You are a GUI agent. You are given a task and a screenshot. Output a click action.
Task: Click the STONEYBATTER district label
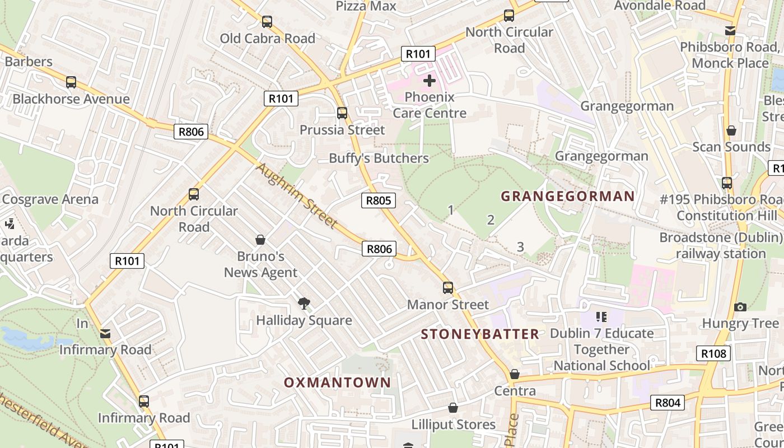point(480,334)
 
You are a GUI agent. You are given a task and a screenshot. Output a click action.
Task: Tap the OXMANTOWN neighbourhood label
point(337,382)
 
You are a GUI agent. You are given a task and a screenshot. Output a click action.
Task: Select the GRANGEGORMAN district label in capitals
point(567,196)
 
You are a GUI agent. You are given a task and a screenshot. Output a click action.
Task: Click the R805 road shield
point(379,200)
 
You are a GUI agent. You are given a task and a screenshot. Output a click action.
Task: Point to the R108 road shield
point(713,353)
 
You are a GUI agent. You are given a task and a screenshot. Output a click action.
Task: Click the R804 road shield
point(668,403)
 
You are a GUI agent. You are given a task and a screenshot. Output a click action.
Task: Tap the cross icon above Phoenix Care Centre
point(430,81)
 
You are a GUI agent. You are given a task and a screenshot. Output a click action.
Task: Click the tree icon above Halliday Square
point(304,304)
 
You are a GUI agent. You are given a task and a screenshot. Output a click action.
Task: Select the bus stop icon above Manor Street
point(448,288)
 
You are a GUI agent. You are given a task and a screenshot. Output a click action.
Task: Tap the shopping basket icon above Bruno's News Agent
point(260,240)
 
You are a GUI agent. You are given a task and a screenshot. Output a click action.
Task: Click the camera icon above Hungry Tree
point(740,307)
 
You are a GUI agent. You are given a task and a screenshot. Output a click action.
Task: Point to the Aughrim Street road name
point(297,195)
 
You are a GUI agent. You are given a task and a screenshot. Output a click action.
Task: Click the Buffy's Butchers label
point(379,158)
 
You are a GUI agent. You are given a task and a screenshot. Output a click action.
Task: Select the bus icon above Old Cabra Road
point(267,22)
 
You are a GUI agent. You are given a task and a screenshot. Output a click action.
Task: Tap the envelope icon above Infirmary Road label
point(105,334)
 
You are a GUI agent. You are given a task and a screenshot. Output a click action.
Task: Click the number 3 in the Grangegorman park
point(520,246)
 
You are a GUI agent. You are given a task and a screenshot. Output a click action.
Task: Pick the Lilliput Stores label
point(454,424)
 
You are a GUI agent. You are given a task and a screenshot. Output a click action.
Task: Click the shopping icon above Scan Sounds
point(731,130)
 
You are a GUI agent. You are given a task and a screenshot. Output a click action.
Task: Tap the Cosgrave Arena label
point(50,199)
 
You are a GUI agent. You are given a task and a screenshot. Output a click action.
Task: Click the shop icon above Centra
point(515,374)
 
